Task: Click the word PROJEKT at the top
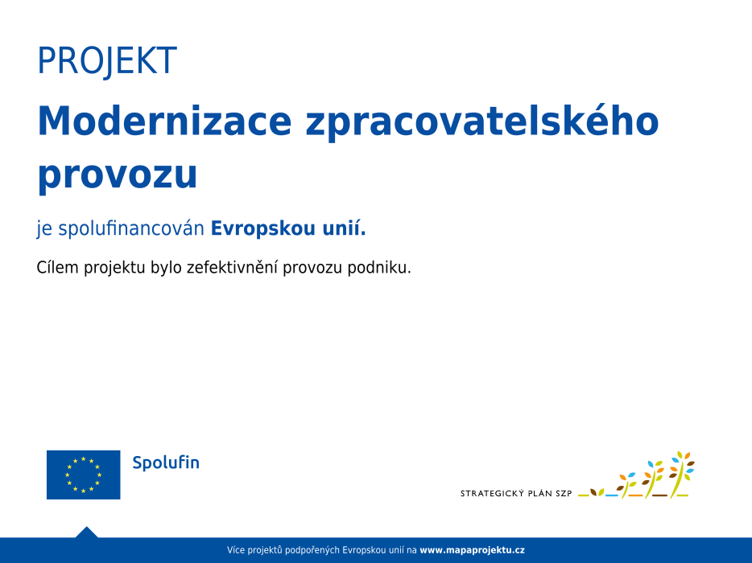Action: coord(107,61)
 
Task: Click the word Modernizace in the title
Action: coord(164,121)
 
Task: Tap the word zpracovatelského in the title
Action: coord(482,123)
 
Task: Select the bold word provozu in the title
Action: coord(118,175)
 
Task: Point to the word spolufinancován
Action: coord(131,228)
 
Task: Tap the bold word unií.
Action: coord(344,228)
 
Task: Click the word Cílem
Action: coord(57,267)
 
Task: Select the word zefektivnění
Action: coord(232,267)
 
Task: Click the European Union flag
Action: coord(84,475)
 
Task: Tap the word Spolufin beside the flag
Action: coord(166,462)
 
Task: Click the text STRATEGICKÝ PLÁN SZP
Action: coord(516,493)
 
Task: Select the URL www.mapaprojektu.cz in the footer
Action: coord(472,550)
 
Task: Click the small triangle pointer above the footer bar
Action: coord(86,532)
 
